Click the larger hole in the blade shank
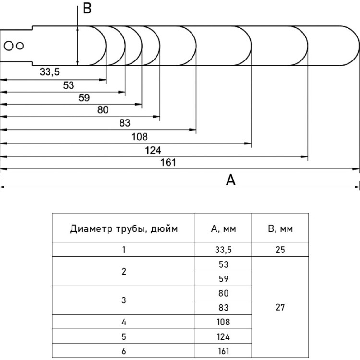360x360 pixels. [x=9, y=46]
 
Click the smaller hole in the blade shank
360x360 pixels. [x=20, y=46]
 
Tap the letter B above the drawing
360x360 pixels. [x=87, y=9]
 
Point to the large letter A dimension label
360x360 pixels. [x=230, y=180]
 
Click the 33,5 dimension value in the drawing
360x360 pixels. [x=49, y=72]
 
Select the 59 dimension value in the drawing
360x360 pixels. [x=84, y=98]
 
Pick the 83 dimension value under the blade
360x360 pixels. [x=125, y=123]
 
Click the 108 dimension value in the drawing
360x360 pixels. [x=140, y=137]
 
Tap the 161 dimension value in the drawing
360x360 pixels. [x=168, y=163]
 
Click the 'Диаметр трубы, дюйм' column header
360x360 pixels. [x=123, y=229]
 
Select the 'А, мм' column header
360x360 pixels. [x=223, y=228]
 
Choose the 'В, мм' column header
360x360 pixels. [x=280, y=228]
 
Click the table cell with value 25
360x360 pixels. [x=280, y=250]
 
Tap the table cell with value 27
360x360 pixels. [x=280, y=307]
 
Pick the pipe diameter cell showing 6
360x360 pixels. [x=124, y=350]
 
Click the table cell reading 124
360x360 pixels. [x=223, y=336]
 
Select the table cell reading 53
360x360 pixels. [x=223, y=264]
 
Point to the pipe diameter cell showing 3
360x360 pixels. [x=124, y=300]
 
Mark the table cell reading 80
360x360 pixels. [x=223, y=293]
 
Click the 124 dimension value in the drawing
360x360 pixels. [x=153, y=150]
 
